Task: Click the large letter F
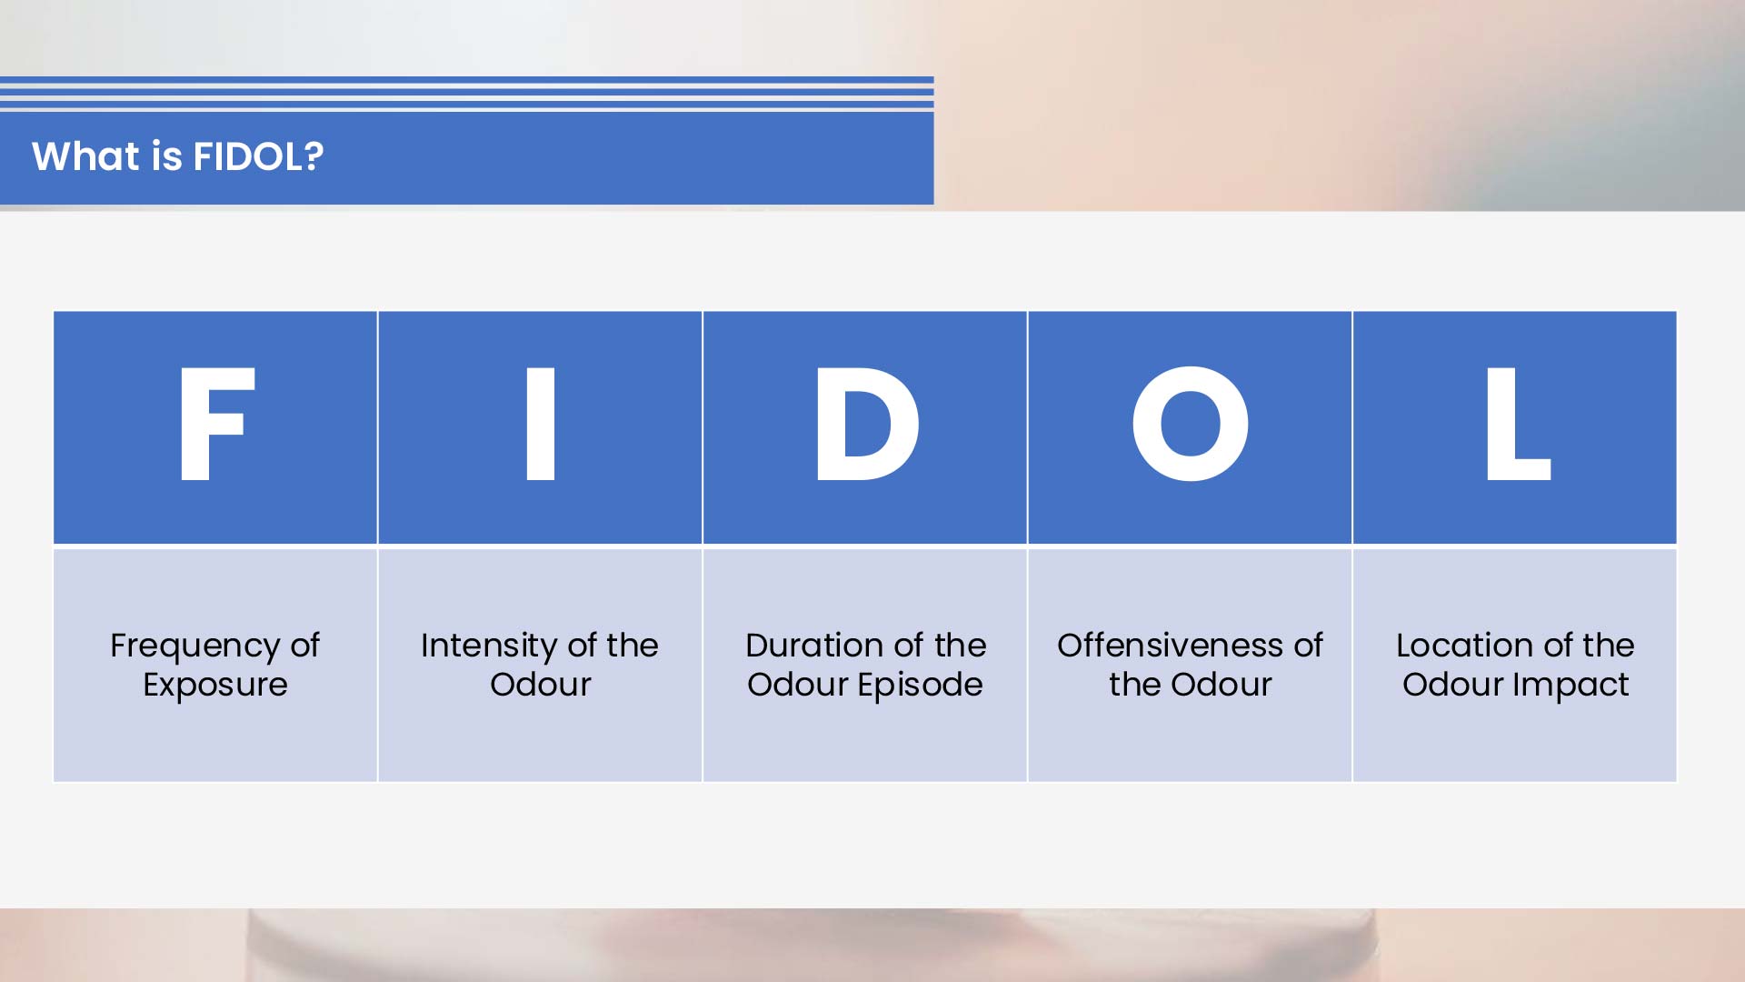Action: point(215,425)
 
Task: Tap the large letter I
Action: point(541,425)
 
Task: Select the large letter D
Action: point(865,425)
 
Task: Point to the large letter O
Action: point(1190,425)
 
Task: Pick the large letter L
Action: point(1516,425)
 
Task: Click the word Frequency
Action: point(195,646)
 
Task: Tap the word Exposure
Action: point(215,686)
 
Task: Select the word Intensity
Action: point(488,646)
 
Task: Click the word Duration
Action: point(801,646)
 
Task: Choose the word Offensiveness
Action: point(1170,646)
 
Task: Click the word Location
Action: point(1458,646)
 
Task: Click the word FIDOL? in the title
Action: point(258,156)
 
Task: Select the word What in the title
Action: point(85,156)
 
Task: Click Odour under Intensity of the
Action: point(541,685)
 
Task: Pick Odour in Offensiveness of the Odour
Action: point(1221,685)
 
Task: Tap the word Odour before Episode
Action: point(797,685)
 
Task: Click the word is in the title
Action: point(167,156)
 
